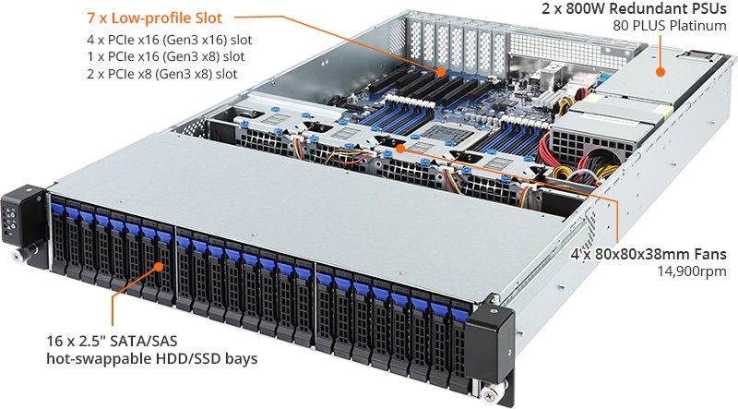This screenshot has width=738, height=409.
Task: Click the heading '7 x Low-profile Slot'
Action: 154,18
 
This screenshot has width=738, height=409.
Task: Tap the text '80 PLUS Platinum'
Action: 670,25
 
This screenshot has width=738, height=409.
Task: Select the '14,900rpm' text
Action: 692,271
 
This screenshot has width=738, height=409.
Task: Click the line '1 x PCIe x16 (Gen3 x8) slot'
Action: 166,56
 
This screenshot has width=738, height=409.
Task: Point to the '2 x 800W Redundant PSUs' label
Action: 634,8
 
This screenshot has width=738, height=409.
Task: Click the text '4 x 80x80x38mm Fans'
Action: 649,255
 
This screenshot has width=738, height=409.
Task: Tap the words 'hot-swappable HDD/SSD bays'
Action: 151,358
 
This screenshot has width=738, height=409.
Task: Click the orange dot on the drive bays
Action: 159,267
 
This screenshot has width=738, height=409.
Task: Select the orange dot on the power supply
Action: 661,72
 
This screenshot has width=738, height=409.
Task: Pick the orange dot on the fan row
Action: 399,149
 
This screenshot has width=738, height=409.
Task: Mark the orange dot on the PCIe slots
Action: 441,72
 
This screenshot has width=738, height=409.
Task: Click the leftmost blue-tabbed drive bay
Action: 58,237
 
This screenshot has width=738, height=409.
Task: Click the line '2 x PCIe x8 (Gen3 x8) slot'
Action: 162,74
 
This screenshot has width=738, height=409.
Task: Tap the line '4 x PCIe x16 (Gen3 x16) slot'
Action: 170,40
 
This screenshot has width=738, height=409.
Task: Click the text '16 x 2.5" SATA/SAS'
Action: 112,341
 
